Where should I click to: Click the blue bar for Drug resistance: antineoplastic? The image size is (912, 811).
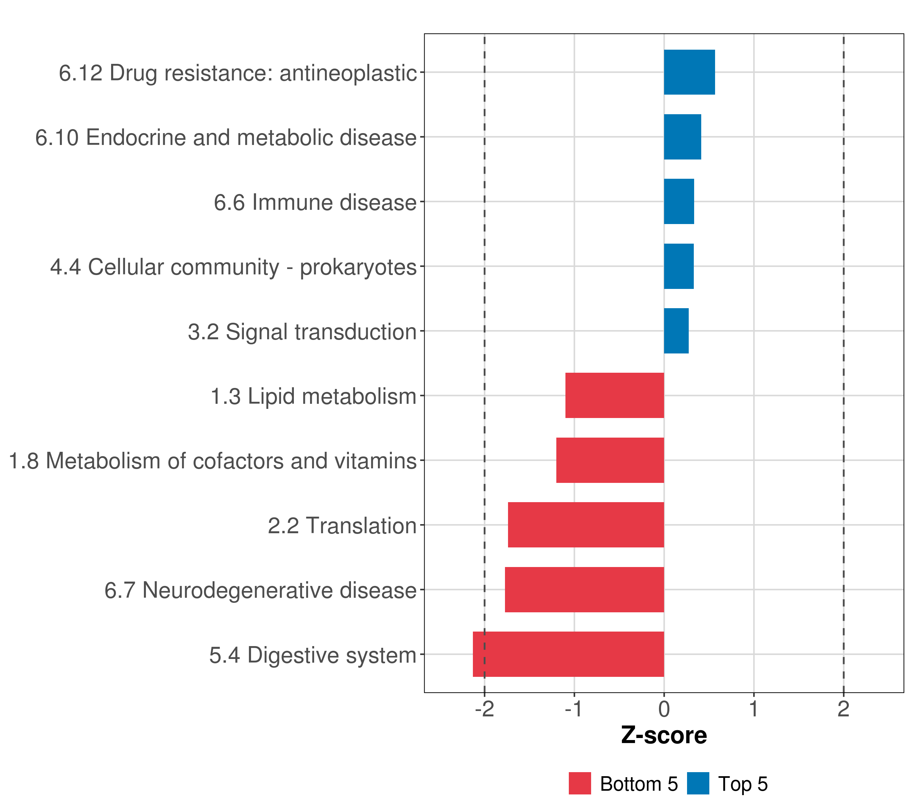pyautogui.click(x=689, y=72)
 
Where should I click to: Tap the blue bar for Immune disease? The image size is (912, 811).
pyautogui.click(x=679, y=201)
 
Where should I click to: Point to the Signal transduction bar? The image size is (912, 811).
pyautogui.click(x=676, y=331)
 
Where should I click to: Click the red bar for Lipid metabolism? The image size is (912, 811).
pyautogui.click(x=614, y=395)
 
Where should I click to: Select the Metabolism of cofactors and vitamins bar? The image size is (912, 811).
pyautogui.click(x=610, y=460)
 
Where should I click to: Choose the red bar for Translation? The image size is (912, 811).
pyautogui.click(x=586, y=525)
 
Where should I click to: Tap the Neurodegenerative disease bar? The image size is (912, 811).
pyautogui.click(x=584, y=590)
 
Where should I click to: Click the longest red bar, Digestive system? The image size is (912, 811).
pyautogui.click(x=568, y=654)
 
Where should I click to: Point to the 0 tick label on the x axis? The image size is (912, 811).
pyautogui.click(x=664, y=709)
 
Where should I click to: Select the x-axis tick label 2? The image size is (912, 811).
pyautogui.click(x=843, y=709)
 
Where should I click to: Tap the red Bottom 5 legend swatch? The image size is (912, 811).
pyautogui.click(x=580, y=783)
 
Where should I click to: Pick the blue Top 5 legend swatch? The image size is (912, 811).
pyautogui.click(x=698, y=783)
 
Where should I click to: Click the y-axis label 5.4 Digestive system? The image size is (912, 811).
pyautogui.click(x=313, y=655)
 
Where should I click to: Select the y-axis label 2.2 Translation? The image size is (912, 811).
pyautogui.click(x=342, y=526)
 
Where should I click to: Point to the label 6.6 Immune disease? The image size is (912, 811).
pyautogui.click(x=315, y=202)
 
